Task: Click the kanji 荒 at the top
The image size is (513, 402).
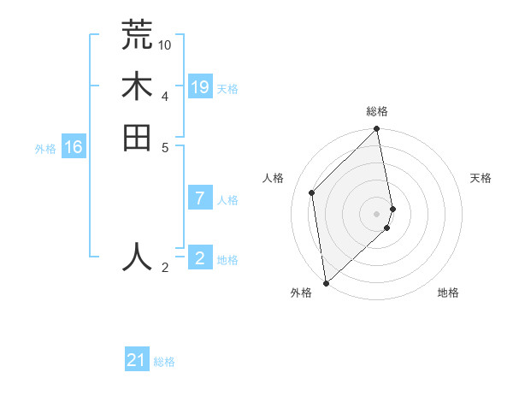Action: pos(137,34)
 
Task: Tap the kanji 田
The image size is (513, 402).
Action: pos(137,138)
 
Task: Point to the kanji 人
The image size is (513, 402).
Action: pos(137,256)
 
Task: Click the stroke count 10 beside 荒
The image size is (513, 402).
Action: pos(165,44)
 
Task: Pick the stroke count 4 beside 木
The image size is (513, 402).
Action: pos(165,95)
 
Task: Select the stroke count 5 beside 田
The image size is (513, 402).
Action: pos(165,146)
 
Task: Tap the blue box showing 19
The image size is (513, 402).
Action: pos(200,87)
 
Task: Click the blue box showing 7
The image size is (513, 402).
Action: pos(200,199)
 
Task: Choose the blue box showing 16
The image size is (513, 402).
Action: pos(74,148)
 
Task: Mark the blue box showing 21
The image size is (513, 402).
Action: pos(137,361)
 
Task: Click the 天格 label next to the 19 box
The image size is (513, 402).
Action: pos(227,89)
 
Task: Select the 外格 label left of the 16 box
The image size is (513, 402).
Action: pos(45,149)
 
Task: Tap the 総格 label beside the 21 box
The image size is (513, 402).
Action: pos(164,362)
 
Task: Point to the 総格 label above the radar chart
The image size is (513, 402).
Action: pos(377,111)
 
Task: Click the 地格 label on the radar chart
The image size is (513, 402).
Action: pos(448,293)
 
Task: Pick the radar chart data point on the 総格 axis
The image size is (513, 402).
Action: pos(377,130)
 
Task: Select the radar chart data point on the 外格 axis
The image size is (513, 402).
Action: pos(326,282)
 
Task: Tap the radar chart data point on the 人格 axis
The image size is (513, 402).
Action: pos(312,192)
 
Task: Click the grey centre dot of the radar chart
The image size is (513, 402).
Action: pos(377,213)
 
